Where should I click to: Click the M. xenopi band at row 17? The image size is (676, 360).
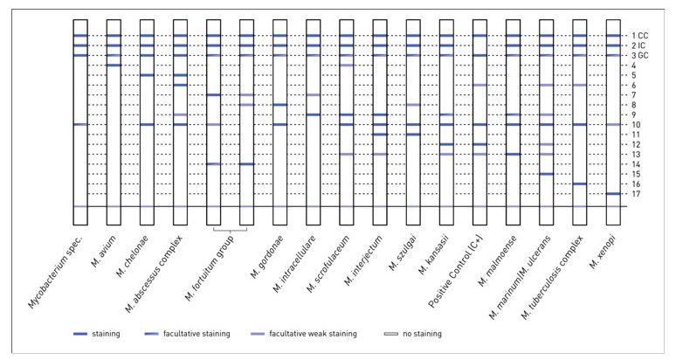[x=613, y=193]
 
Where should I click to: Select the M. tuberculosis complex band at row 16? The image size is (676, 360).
[x=579, y=183]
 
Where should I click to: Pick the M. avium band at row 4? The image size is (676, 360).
[x=114, y=66]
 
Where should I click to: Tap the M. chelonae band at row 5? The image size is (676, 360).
[x=147, y=75]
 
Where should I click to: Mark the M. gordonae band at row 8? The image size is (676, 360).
[x=279, y=105]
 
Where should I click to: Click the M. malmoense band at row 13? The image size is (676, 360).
[x=513, y=154]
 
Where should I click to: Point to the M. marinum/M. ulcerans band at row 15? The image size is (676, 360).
[x=546, y=174]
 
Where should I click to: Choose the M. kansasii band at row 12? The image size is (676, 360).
[x=446, y=144]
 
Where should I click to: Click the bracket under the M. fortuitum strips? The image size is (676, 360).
[x=231, y=230]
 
